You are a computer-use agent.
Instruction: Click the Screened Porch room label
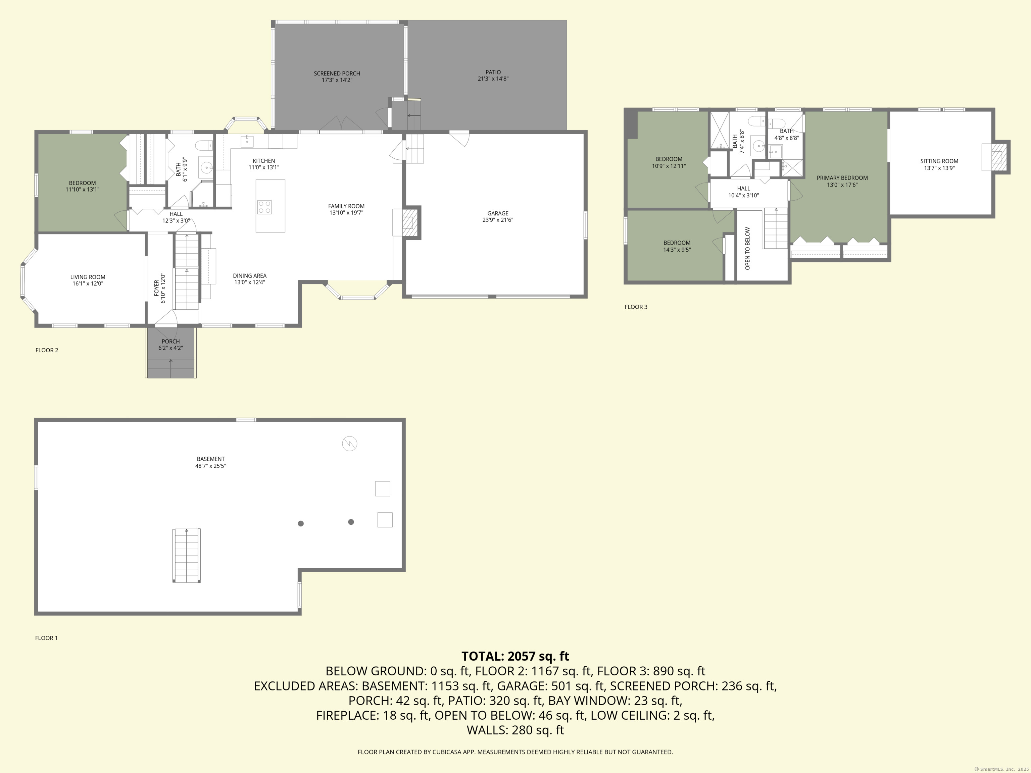click(337, 73)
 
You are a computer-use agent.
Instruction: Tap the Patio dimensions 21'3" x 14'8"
click(493, 79)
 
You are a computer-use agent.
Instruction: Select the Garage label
click(498, 213)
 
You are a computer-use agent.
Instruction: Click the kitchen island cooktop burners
click(264, 207)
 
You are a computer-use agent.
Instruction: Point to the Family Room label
click(346, 206)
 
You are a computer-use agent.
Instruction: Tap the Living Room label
click(88, 277)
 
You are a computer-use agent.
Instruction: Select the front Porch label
click(170, 342)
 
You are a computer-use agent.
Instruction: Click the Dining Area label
click(250, 276)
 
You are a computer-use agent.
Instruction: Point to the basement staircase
click(187, 555)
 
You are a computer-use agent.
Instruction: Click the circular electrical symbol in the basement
click(350, 444)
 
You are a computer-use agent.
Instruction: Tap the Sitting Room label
click(939, 161)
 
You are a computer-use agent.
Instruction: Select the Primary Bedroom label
click(842, 178)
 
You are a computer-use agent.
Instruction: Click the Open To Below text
click(748, 248)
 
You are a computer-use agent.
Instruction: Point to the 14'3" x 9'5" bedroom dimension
click(677, 250)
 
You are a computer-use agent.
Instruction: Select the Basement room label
click(211, 459)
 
